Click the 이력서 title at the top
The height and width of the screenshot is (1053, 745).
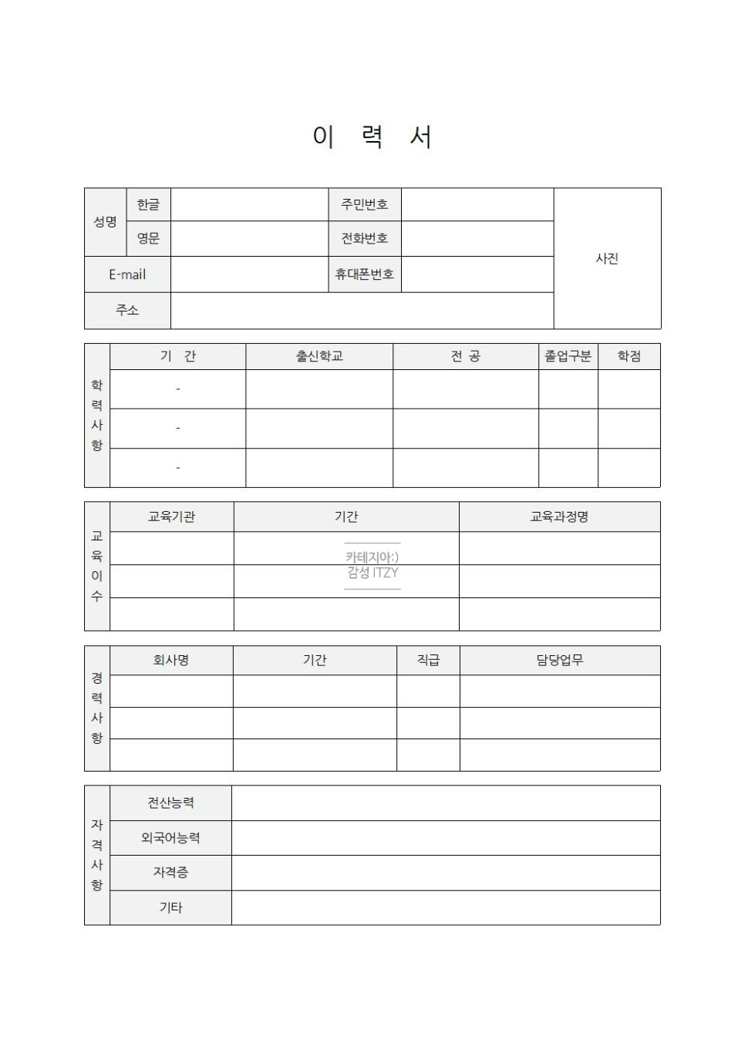[x=372, y=137]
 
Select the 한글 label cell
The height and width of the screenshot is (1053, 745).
[x=148, y=205]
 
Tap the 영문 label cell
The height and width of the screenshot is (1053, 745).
[x=148, y=239]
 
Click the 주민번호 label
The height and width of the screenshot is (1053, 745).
[x=365, y=205]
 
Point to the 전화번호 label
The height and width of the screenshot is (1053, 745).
[x=365, y=239]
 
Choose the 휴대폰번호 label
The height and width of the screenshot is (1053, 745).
[x=365, y=274]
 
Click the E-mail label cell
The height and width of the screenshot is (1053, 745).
[x=127, y=274]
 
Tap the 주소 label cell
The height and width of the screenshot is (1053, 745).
[x=127, y=310]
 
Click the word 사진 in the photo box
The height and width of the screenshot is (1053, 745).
[x=607, y=259]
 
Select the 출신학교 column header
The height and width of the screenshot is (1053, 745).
[x=319, y=356]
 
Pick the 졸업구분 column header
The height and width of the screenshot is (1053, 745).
[x=568, y=356]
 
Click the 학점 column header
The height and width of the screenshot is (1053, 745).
[x=629, y=356]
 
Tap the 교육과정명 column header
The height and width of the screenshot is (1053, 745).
[x=559, y=516]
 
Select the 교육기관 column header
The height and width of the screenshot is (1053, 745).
[x=171, y=516]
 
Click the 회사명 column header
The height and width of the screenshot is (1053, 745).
[x=171, y=661]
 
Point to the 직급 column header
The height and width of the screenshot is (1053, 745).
[x=428, y=661]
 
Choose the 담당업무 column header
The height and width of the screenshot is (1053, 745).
[x=560, y=661]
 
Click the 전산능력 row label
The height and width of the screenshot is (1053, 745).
[x=170, y=803]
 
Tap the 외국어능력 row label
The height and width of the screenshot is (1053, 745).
[x=170, y=838]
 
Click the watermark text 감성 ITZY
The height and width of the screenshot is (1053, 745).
[x=372, y=573]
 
